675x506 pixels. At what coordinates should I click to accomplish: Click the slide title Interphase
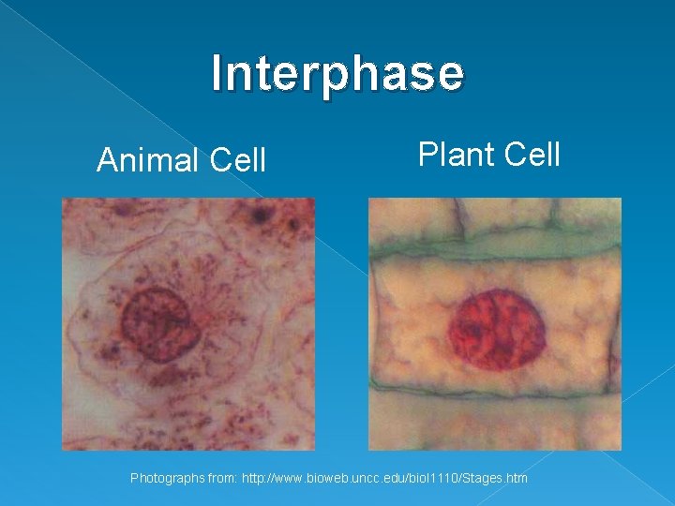(x=337, y=74)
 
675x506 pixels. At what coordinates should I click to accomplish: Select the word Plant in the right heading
(x=456, y=154)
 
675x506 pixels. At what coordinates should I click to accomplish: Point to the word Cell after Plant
(x=531, y=154)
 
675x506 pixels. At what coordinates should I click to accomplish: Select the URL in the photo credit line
(x=384, y=479)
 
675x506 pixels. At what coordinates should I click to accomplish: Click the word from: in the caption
(x=221, y=479)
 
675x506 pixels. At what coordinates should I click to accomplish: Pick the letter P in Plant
(x=427, y=154)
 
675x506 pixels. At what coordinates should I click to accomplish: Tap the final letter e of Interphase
(x=451, y=74)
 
